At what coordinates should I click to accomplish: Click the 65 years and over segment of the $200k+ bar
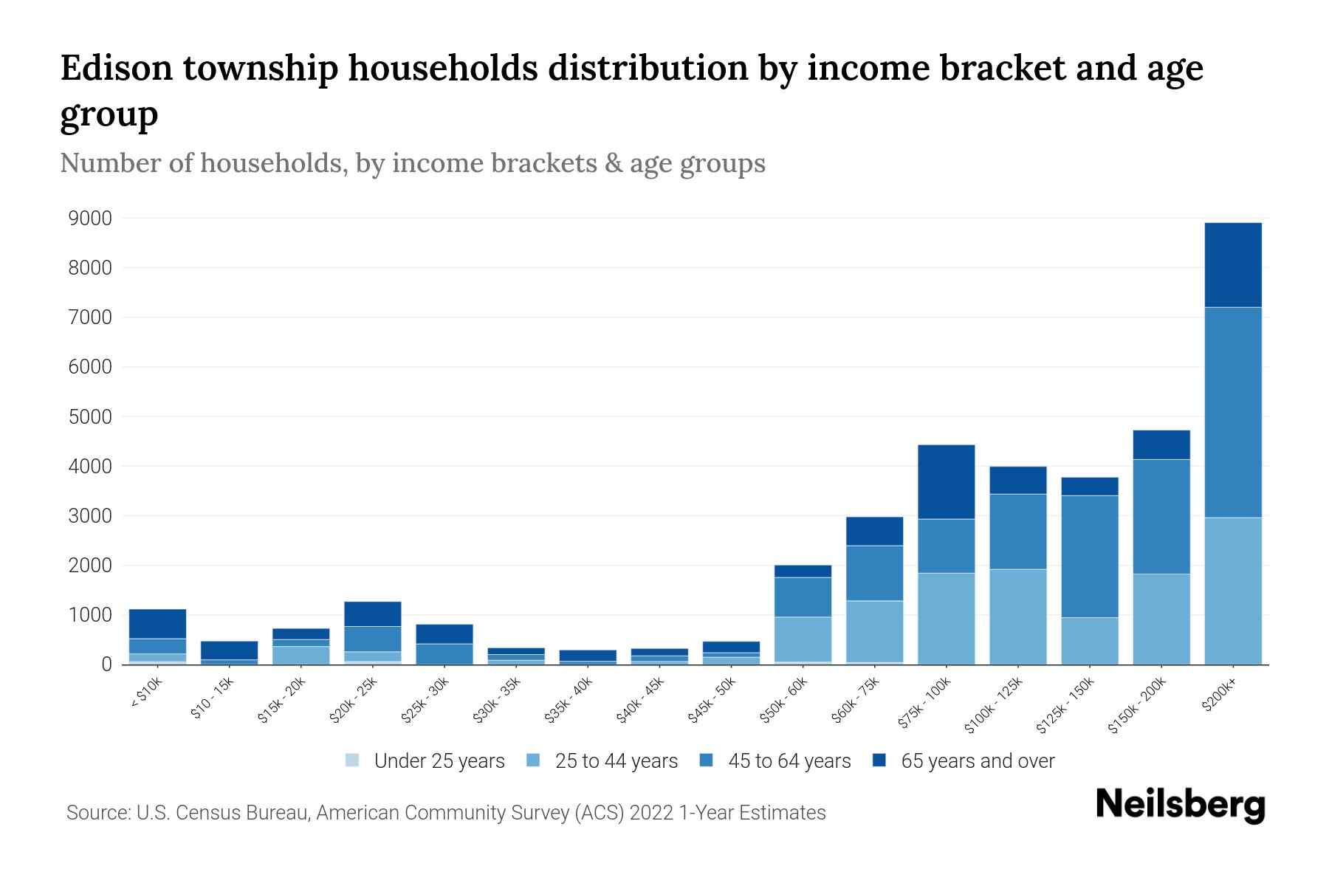(x=1232, y=264)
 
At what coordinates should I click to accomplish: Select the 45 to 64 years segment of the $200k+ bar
(x=1232, y=412)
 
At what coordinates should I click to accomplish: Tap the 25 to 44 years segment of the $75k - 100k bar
(x=946, y=619)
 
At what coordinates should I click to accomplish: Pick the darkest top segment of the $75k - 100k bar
(x=946, y=481)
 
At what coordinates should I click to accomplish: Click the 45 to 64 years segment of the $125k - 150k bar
(x=1089, y=556)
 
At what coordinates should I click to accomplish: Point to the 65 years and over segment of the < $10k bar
(x=157, y=623)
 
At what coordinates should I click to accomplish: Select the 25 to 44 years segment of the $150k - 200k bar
(x=1161, y=619)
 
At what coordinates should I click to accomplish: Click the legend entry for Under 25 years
(x=439, y=761)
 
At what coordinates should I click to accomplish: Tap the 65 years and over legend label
(x=978, y=761)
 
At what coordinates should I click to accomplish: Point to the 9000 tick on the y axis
(x=90, y=219)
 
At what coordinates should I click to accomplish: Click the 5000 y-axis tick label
(x=90, y=417)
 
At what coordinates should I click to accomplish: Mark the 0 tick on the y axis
(x=106, y=664)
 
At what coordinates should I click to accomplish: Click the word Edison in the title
(x=115, y=68)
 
